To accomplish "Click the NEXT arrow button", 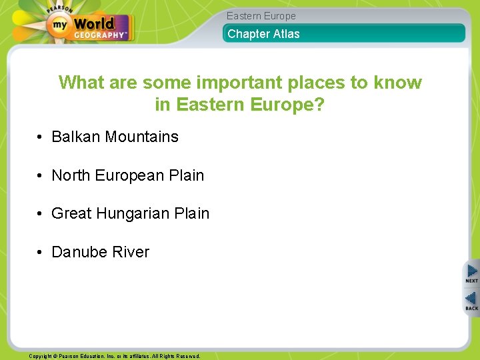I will coord(471,273).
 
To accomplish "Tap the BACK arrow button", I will coord(471,301).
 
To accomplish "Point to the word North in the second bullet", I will coord(71,175).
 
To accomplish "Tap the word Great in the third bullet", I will coord(71,213).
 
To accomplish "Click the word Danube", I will coord(79,252).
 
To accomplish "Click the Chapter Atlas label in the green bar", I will coord(263,34).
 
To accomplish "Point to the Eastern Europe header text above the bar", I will coord(261,16).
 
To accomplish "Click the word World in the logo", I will coord(93,25).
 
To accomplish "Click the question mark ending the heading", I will coord(319,105).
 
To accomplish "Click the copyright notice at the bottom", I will coord(114,356).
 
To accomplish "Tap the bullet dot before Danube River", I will coord(41,252).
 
